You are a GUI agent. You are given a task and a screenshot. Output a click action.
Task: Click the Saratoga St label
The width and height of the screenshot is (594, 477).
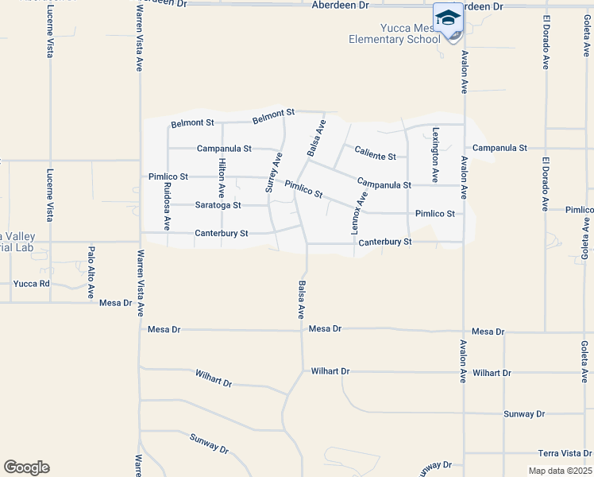click(x=218, y=205)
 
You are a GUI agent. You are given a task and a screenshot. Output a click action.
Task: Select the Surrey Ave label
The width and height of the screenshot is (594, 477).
click(x=273, y=173)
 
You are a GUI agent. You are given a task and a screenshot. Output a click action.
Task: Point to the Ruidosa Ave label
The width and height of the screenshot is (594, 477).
click(x=167, y=206)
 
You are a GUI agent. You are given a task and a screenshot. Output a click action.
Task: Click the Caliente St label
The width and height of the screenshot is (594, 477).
click(x=375, y=152)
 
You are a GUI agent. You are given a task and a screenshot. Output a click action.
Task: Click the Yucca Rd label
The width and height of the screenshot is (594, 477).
click(x=33, y=283)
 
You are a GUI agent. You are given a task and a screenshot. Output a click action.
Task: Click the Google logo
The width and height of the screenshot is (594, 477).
click(x=26, y=467)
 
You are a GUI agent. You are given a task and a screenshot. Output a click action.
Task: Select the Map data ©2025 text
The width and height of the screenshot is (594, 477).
click(x=559, y=471)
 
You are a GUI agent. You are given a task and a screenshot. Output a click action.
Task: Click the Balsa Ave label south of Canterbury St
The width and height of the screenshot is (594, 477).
click(x=302, y=299)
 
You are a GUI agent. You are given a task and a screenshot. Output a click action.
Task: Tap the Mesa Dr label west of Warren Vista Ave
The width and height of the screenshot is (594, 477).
click(x=115, y=303)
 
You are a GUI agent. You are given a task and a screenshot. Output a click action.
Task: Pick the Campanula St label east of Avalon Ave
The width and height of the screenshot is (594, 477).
click(x=499, y=148)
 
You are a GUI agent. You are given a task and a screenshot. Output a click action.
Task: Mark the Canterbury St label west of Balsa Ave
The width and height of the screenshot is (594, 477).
click(x=222, y=234)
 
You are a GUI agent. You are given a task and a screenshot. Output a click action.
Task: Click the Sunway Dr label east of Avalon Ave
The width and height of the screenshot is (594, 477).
click(x=524, y=414)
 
